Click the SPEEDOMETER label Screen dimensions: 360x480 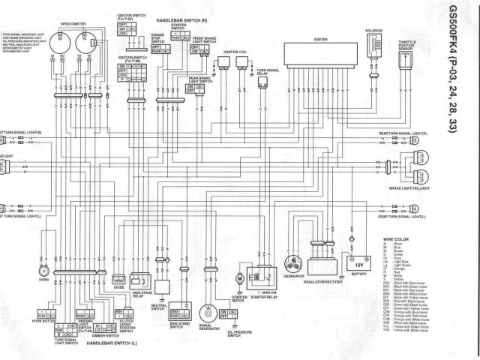coord(72,25)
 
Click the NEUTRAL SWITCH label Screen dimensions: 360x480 coord(158,306)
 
